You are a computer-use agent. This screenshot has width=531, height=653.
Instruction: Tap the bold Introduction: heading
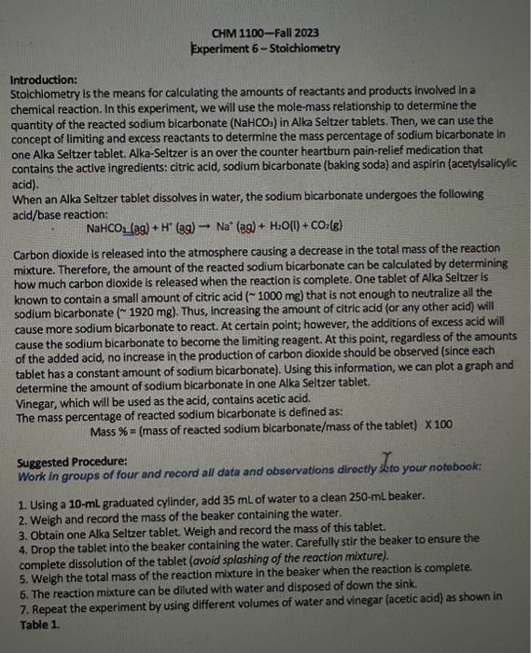tap(44, 80)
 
